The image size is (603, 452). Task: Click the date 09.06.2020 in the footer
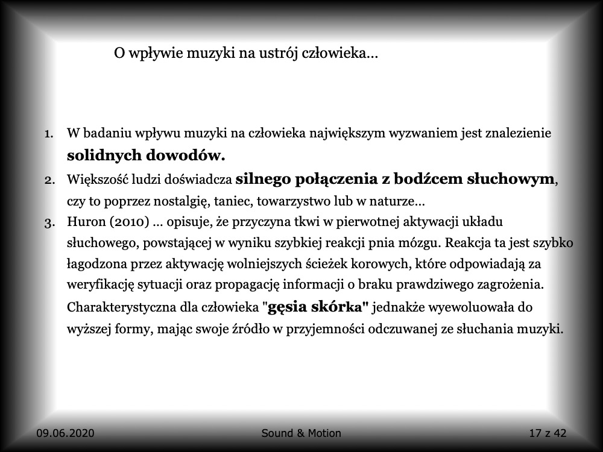click(65, 433)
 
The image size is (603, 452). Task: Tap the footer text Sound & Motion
click(301, 433)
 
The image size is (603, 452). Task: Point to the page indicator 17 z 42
click(547, 433)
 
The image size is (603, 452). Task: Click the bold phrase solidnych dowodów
click(146, 155)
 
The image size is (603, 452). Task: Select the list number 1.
click(49, 133)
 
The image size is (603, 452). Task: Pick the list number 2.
click(49, 179)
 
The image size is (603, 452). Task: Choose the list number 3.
click(49, 222)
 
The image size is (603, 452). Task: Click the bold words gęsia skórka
click(318, 307)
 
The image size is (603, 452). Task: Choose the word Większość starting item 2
click(96, 179)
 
